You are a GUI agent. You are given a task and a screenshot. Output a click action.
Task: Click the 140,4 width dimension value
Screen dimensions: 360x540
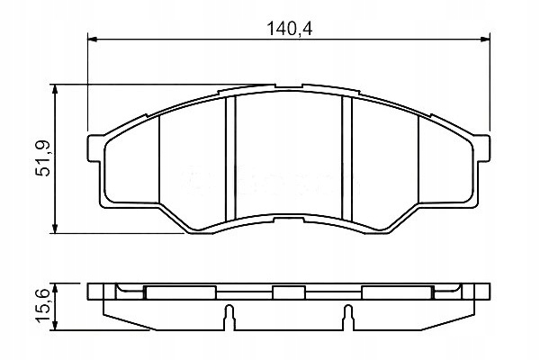pyautogui.click(x=289, y=27)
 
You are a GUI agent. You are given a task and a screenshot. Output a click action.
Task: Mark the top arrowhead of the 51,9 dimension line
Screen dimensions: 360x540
pyautogui.click(x=58, y=90)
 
